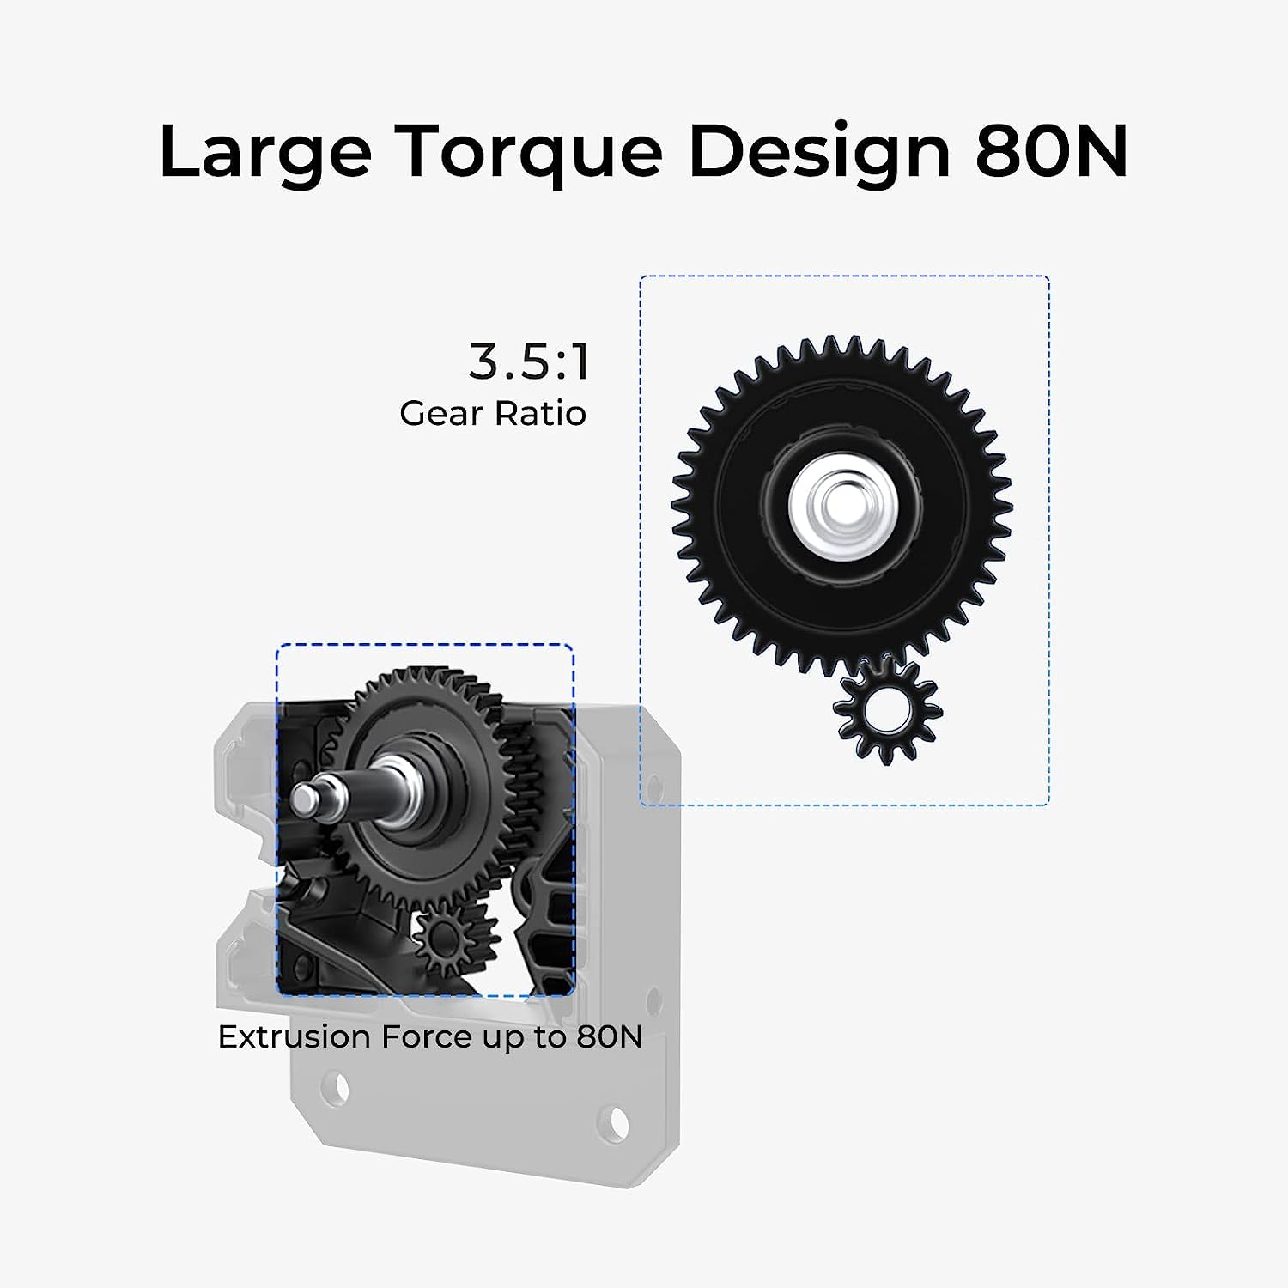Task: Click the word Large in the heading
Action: (x=265, y=152)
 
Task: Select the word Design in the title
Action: (x=819, y=152)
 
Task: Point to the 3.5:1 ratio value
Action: (x=530, y=361)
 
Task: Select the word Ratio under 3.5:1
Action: (x=540, y=413)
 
